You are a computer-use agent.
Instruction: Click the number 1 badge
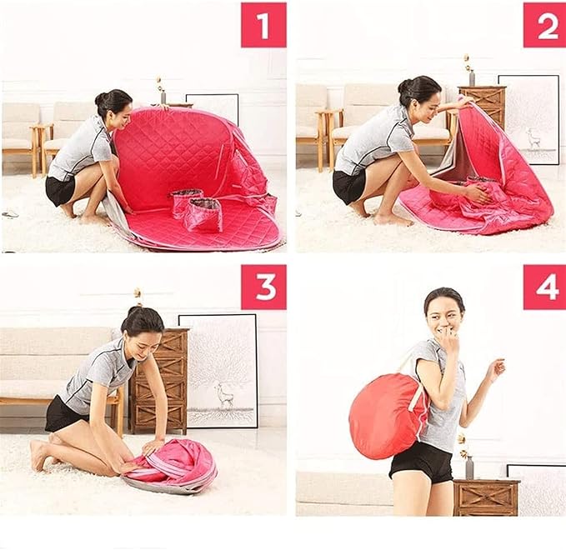(x=263, y=25)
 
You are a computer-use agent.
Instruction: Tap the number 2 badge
(x=544, y=25)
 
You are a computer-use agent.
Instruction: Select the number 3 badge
(x=263, y=287)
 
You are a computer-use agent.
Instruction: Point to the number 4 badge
(x=544, y=287)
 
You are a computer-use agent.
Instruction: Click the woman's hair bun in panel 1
(x=100, y=97)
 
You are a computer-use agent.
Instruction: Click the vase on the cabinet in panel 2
(x=471, y=77)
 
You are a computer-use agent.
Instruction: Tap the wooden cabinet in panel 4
(x=486, y=497)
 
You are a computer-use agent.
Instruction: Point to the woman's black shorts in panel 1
(x=59, y=191)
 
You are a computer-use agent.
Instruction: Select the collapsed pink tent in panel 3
(x=170, y=466)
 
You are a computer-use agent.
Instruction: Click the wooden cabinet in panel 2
(x=483, y=107)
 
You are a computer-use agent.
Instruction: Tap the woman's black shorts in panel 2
(x=348, y=186)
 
